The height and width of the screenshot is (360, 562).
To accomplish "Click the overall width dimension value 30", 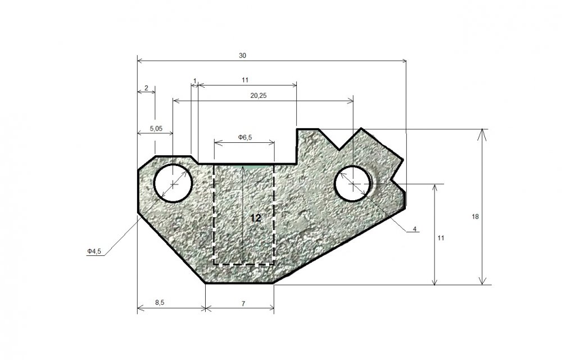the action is [243, 56].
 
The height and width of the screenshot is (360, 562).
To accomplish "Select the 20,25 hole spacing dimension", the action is [259, 96].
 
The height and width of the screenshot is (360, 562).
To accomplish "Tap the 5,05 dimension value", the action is [156, 128].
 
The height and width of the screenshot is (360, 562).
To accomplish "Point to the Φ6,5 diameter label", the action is [245, 137].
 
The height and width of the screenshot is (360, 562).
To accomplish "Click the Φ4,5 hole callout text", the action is [94, 251].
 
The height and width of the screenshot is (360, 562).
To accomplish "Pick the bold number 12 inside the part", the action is [256, 218].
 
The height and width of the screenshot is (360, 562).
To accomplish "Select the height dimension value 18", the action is [475, 217].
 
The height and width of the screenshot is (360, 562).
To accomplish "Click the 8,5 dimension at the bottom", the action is [160, 302].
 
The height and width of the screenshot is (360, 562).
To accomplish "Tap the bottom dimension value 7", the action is [243, 304].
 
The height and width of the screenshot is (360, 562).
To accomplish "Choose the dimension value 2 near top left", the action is [146, 88].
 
